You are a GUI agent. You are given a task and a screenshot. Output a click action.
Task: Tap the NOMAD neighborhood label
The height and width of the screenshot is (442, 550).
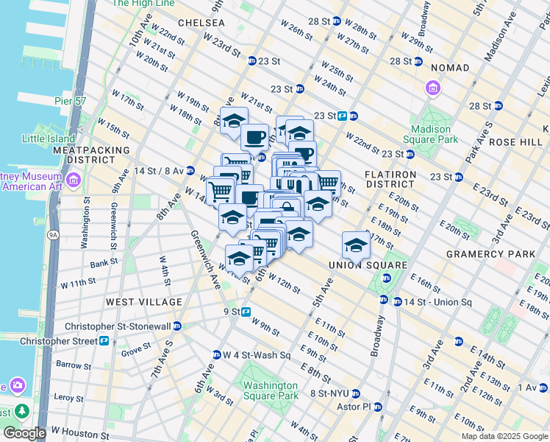pyautogui.click(x=449, y=68)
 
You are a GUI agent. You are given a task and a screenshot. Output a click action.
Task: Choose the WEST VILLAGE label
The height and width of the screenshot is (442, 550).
pyautogui.click(x=143, y=302)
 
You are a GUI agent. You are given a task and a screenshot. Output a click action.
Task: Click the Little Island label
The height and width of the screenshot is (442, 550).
pyautogui.click(x=49, y=138)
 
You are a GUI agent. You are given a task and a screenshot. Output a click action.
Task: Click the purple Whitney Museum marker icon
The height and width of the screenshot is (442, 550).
pyautogui.click(x=72, y=180)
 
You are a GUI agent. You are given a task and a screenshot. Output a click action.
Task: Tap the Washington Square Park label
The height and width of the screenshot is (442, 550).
pyautogui.click(x=271, y=390)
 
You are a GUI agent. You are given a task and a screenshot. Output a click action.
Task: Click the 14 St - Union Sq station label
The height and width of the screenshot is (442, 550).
pyautogui.click(x=427, y=302)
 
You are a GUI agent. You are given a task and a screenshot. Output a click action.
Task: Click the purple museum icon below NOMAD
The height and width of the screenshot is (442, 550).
pyautogui.click(x=432, y=90)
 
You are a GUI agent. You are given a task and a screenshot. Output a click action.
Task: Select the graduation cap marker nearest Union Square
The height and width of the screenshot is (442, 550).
pyautogui.click(x=355, y=245)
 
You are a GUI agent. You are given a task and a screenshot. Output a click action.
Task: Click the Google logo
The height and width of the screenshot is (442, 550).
pyautogui.click(x=25, y=433)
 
